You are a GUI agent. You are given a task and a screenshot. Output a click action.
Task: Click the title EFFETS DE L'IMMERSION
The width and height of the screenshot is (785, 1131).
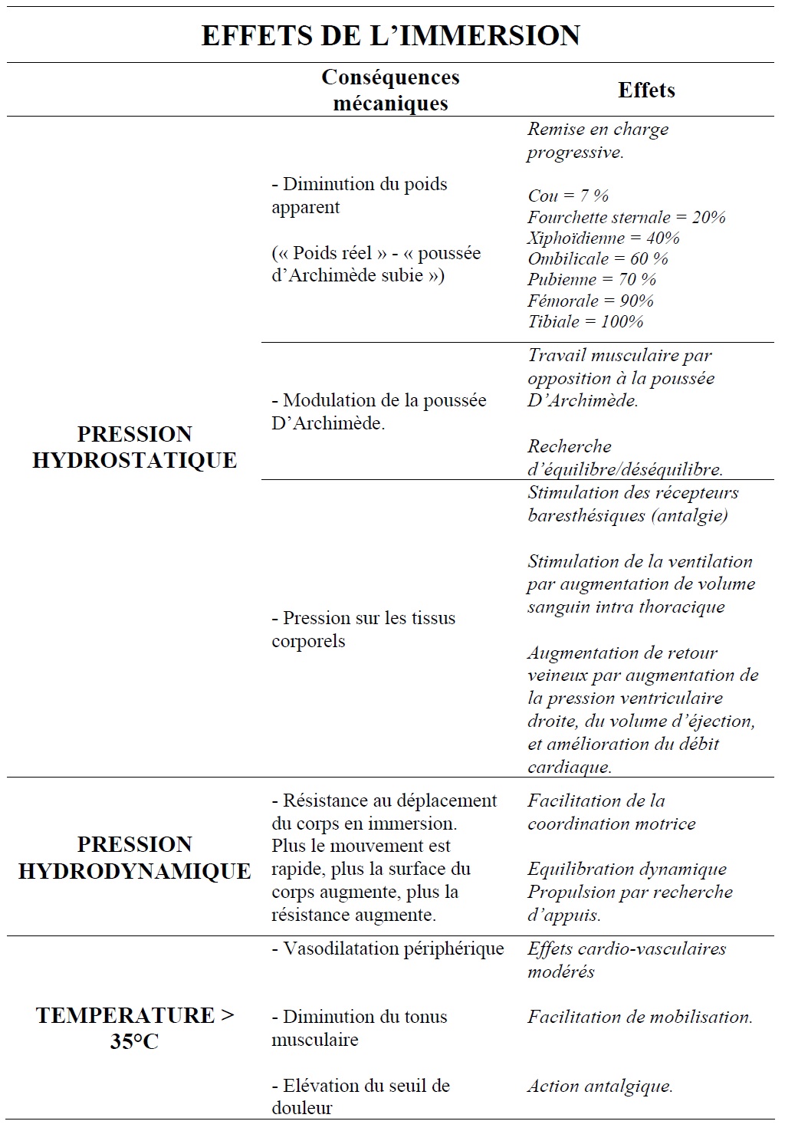click(x=390, y=35)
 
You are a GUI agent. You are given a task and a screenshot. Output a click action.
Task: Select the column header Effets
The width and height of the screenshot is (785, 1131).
click(x=646, y=90)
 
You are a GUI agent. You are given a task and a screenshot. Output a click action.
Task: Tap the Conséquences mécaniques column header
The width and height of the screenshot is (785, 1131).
click(x=390, y=90)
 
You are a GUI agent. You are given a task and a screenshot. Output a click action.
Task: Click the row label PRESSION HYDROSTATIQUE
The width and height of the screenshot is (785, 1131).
click(x=134, y=447)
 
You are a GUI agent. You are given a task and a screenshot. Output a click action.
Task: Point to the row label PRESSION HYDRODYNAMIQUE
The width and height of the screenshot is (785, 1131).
click(x=134, y=857)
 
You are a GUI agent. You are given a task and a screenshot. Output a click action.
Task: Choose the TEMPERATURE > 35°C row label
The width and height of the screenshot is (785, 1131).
click(x=134, y=1028)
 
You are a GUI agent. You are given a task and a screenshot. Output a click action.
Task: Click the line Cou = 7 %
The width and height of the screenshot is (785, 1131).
click(x=568, y=196)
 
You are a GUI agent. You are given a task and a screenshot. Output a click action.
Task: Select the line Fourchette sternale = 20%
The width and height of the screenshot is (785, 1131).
click(x=626, y=217)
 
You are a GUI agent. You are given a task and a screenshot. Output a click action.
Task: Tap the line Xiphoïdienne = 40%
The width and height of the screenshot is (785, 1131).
click(x=603, y=238)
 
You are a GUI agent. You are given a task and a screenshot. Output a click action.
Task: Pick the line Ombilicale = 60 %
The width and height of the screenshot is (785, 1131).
click(x=598, y=258)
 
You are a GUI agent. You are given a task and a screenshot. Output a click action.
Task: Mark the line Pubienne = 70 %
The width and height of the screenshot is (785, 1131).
click(x=592, y=279)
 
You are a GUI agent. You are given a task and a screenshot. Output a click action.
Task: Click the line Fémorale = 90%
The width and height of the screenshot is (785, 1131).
click(x=590, y=301)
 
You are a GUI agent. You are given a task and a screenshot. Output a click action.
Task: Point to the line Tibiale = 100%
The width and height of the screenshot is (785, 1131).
click(x=586, y=321)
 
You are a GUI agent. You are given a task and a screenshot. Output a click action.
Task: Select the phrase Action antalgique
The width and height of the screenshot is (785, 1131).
click(x=600, y=1086)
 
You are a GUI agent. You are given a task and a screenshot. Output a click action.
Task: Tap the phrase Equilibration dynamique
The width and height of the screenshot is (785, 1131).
click(x=627, y=869)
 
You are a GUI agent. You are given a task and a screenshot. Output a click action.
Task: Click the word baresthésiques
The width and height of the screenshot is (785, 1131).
click(x=586, y=515)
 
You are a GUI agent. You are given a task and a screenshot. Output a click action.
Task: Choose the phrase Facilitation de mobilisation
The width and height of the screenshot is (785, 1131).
click(x=640, y=1017)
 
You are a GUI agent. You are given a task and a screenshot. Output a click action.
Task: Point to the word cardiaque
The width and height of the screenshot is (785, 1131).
click(x=570, y=766)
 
